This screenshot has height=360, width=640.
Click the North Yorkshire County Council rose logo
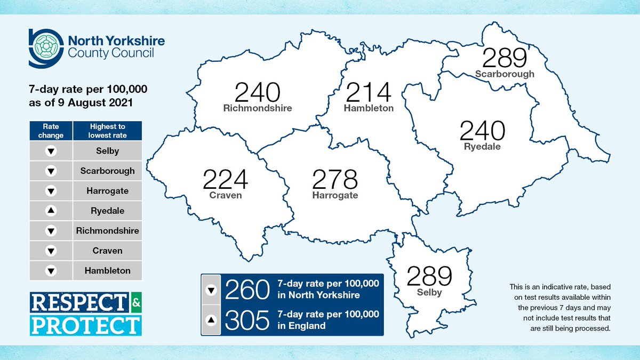coord(44,47)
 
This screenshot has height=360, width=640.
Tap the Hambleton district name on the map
coord(369,108)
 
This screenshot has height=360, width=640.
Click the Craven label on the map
coord(225,195)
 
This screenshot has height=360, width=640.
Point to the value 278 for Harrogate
coord(335,180)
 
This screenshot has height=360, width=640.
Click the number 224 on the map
coord(225,180)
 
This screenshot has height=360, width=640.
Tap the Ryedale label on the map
coord(482,147)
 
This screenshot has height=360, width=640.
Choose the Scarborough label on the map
coord(505,74)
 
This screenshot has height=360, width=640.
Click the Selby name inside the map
coord(429,292)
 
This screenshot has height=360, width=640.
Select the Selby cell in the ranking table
coord(108,151)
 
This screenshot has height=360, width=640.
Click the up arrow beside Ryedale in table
coord(51,211)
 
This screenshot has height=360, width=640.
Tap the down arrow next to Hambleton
coord(51,271)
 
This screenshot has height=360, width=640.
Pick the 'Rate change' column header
coord(51,131)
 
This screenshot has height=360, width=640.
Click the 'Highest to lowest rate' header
coord(108,131)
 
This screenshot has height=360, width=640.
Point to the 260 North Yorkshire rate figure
coord(246,291)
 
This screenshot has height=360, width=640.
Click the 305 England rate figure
coord(246,320)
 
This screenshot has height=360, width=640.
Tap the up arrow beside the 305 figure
coord(211,320)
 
